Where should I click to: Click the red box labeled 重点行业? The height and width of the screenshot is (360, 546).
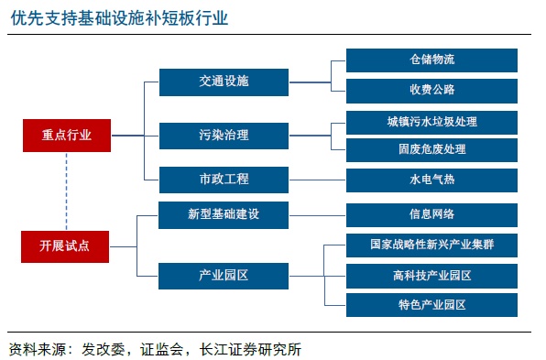66,136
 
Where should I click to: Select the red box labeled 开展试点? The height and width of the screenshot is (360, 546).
66,245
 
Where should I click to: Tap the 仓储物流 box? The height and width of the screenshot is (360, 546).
431,60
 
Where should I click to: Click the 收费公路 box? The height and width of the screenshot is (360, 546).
431,90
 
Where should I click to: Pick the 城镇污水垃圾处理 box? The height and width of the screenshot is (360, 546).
431,121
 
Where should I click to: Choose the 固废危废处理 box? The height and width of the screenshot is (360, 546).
431,148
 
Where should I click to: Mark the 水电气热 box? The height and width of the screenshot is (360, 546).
431,179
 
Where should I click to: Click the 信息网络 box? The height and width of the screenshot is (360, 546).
431,214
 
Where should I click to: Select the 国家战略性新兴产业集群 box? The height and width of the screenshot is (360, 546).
431,245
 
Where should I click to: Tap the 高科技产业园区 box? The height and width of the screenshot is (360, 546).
431,274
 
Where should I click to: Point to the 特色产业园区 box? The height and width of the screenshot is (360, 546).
431,304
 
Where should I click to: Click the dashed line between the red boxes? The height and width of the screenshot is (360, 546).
66,191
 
